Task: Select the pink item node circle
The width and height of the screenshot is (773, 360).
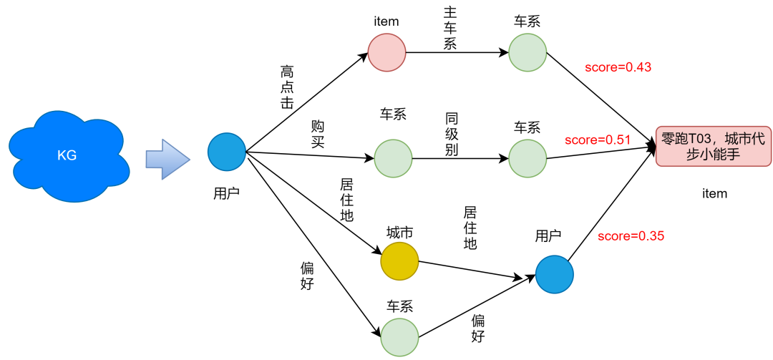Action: [386, 53]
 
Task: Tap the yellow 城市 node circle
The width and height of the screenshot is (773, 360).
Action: [399, 261]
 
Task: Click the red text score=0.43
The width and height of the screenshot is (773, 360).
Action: [618, 67]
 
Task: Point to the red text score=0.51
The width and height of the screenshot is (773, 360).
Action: [598, 140]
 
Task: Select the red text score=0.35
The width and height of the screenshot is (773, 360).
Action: [631, 235]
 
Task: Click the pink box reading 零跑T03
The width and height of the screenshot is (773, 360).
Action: [714, 147]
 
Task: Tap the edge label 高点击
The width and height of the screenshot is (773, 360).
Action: [287, 87]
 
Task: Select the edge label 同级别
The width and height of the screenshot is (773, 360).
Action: [451, 133]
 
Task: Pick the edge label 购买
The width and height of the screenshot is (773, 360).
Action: [318, 134]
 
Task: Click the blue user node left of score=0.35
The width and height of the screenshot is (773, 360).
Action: [555, 274]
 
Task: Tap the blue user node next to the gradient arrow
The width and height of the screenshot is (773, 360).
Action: [227, 152]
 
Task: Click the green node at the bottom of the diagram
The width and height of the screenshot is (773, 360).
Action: [399, 337]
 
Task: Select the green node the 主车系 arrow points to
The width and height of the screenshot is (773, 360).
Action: [528, 52]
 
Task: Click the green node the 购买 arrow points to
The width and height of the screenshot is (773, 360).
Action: [393, 158]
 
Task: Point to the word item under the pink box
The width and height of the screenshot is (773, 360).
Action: [714, 193]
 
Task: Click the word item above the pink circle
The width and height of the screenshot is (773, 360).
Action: [386, 21]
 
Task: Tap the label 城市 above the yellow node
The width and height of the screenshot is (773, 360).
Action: [399, 233]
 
